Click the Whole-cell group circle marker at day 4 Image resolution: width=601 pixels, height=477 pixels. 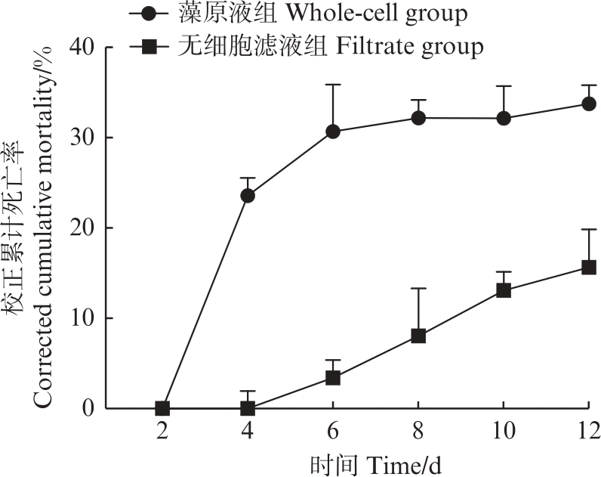point(248,196)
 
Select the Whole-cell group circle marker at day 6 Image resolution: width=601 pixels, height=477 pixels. point(333,132)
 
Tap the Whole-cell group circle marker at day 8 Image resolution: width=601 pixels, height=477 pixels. point(418,118)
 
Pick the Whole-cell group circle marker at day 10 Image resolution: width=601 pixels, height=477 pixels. point(504,118)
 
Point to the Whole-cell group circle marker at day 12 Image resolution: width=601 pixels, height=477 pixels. point(589,104)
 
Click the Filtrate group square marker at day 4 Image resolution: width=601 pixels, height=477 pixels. point(248,408)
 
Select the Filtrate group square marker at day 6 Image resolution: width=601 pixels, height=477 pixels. point(333,378)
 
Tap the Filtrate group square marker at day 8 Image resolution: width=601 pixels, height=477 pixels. point(418,336)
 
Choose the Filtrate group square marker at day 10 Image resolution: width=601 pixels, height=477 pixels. point(504,290)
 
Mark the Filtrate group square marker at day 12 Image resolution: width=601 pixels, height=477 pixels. point(589,267)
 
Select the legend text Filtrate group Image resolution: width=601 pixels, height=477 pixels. point(408,48)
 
